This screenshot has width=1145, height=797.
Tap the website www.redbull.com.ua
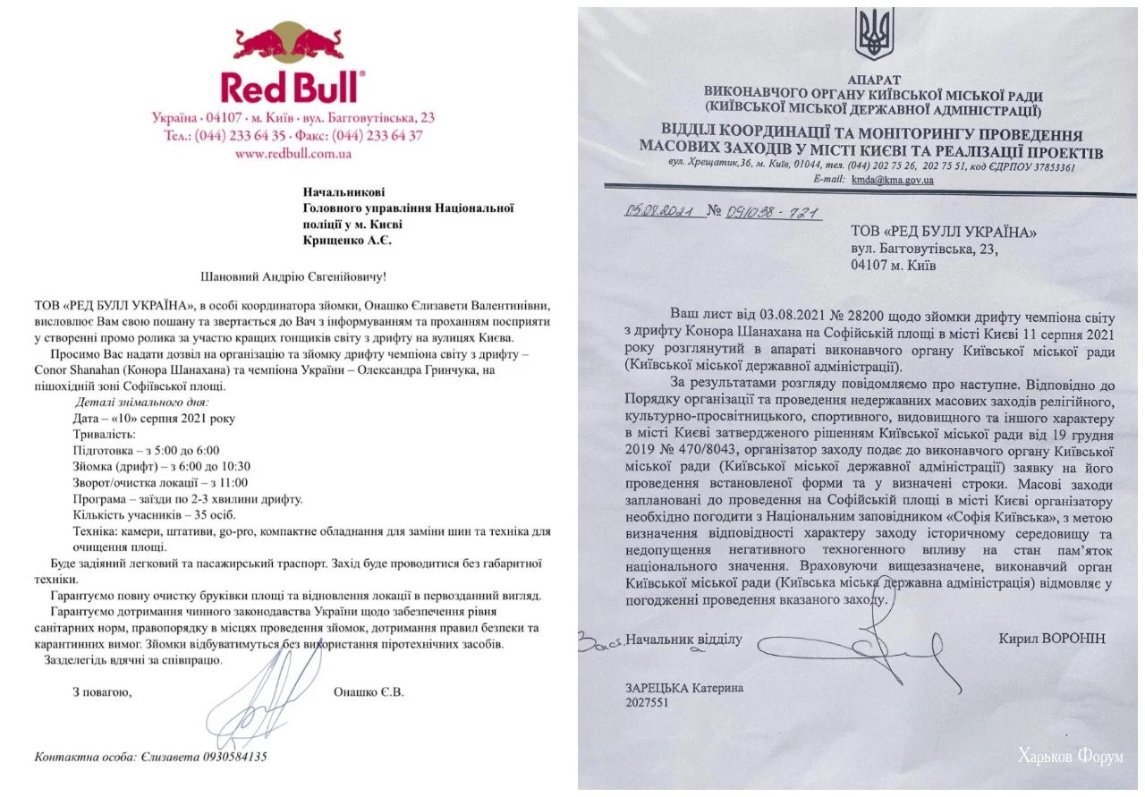point(293,153)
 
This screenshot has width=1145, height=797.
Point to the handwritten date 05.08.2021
point(656,213)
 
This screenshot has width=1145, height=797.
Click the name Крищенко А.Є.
point(348,241)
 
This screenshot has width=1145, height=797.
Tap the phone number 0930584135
point(227,757)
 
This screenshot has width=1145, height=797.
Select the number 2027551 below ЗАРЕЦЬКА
point(648,702)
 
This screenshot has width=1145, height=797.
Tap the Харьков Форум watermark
point(1070,757)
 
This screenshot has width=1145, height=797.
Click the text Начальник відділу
point(684,640)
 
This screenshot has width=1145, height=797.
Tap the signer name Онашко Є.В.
point(368,691)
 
